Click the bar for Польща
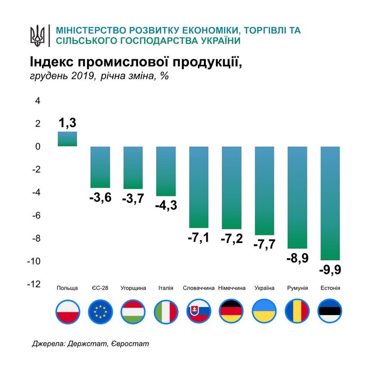(x=67, y=139)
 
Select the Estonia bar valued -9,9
(x=330, y=202)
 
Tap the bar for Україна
(x=264, y=190)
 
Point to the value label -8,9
(x=297, y=258)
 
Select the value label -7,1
(x=199, y=238)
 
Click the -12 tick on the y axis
(x=34, y=284)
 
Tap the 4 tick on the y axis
(x=37, y=101)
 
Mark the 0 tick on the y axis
(x=37, y=147)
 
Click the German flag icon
(x=232, y=311)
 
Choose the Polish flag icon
(x=67, y=311)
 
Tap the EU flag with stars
(x=100, y=311)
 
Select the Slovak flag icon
(x=199, y=311)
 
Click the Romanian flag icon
(x=297, y=311)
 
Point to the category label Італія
(x=165, y=288)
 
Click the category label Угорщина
(x=133, y=288)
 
